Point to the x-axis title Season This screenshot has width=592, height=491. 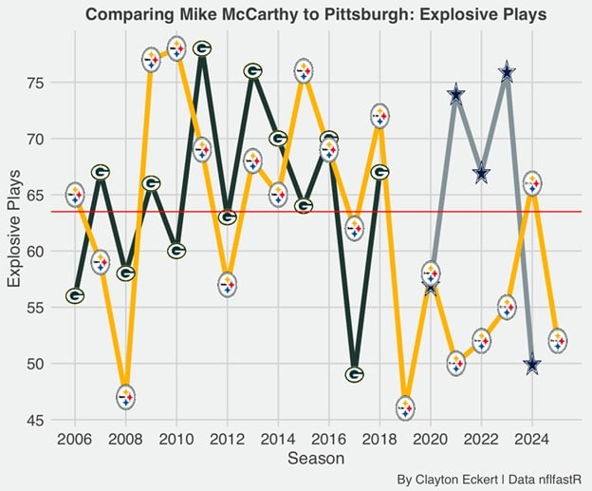point(316,459)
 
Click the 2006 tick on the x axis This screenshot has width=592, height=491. point(75,440)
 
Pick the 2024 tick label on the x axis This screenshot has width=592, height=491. point(532,440)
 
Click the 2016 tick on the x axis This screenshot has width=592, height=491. point(329,440)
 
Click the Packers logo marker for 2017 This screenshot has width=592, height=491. point(354,374)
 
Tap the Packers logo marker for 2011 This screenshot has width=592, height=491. point(202,48)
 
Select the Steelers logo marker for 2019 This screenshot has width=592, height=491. point(405,408)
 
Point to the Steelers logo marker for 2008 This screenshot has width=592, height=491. point(126,397)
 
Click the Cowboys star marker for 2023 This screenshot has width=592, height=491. point(507,72)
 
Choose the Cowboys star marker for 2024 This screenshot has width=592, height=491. point(532,364)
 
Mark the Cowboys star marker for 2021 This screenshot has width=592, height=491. point(456,94)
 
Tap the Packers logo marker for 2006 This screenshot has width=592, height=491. point(75,295)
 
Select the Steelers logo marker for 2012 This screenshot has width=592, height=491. point(228,284)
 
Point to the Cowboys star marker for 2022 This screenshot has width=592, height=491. point(481,173)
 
